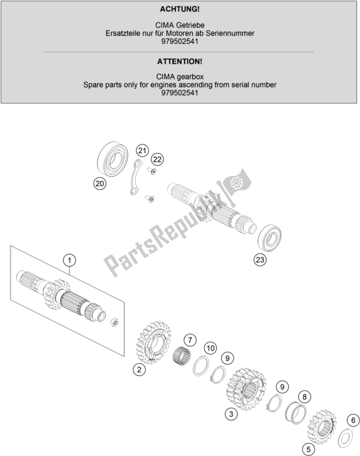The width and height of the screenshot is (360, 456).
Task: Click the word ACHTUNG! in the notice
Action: pyautogui.click(x=180, y=9)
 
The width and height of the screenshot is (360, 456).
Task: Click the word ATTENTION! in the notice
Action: pyautogui.click(x=180, y=62)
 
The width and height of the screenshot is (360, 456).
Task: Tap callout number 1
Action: pyautogui.click(x=69, y=260)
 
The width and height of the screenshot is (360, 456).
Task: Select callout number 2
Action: pyautogui.click(x=139, y=369)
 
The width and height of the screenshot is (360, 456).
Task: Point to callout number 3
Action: pyautogui.click(x=231, y=414)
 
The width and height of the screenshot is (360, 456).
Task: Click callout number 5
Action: pyautogui.click(x=309, y=450)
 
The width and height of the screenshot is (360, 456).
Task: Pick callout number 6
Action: pyautogui.click(x=353, y=420)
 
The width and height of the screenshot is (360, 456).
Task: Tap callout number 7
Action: pyautogui.click(x=190, y=340)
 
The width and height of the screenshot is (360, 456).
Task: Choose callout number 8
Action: pyautogui.click(x=304, y=397)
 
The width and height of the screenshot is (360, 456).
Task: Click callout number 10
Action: pyautogui.click(x=211, y=348)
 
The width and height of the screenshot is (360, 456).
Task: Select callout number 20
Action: pyautogui.click(x=100, y=183)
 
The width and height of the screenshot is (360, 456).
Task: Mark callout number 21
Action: pyautogui.click(x=142, y=151)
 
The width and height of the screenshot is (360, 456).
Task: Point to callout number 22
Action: pyautogui.click(x=157, y=159)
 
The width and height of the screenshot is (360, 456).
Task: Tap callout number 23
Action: pyautogui.click(x=260, y=259)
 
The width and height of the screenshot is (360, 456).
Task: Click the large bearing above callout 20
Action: pyautogui.click(x=113, y=159)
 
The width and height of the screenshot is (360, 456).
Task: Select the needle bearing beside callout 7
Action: pyautogui.click(x=182, y=354)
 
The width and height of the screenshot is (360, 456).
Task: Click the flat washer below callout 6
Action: pyautogui.click(x=346, y=438)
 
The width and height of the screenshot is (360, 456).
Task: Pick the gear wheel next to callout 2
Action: pyautogui.click(x=154, y=342)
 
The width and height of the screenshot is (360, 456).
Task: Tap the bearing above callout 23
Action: pyautogui.click(x=270, y=238)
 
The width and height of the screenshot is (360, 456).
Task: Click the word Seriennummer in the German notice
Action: pyautogui.click(x=230, y=33)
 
